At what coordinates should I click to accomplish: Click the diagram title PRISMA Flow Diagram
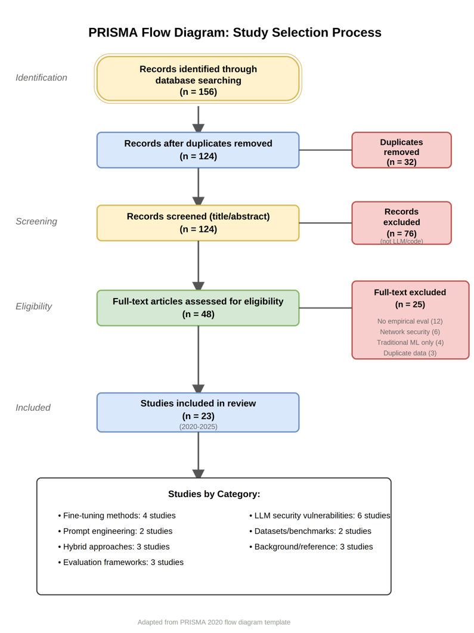point(234,32)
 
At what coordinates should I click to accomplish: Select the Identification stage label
point(41,77)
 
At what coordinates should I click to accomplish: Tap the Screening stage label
point(36,221)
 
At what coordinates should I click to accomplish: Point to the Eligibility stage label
point(33,306)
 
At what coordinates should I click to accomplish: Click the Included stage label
point(33,408)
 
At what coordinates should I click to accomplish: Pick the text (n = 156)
point(198,92)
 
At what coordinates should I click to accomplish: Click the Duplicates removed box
point(401,150)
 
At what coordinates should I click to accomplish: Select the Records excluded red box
point(401,223)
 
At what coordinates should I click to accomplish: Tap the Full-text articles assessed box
point(198,308)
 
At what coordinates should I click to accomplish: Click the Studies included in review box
point(198,412)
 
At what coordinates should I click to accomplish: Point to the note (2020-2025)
point(198,427)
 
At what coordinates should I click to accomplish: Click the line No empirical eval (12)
point(410,321)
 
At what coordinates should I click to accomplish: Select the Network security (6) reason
point(410,332)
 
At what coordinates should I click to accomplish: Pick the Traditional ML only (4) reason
point(410,342)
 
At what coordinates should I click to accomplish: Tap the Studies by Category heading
point(214,494)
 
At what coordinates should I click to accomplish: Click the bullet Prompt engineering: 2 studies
point(115,531)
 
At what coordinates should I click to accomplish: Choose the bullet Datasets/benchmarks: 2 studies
point(310,531)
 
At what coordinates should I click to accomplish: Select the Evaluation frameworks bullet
point(120,562)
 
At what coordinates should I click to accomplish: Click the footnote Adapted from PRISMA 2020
point(213,622)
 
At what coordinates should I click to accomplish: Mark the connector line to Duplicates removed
point(326,150)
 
